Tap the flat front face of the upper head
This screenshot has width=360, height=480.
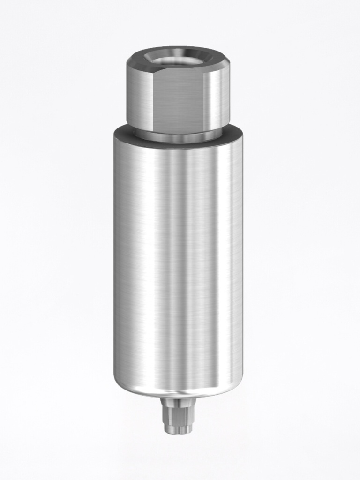click(x=179, y=98)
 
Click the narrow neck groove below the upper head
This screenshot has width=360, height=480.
click(x=178, y=136)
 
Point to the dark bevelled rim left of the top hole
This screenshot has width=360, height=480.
click(x=136, y=59)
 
